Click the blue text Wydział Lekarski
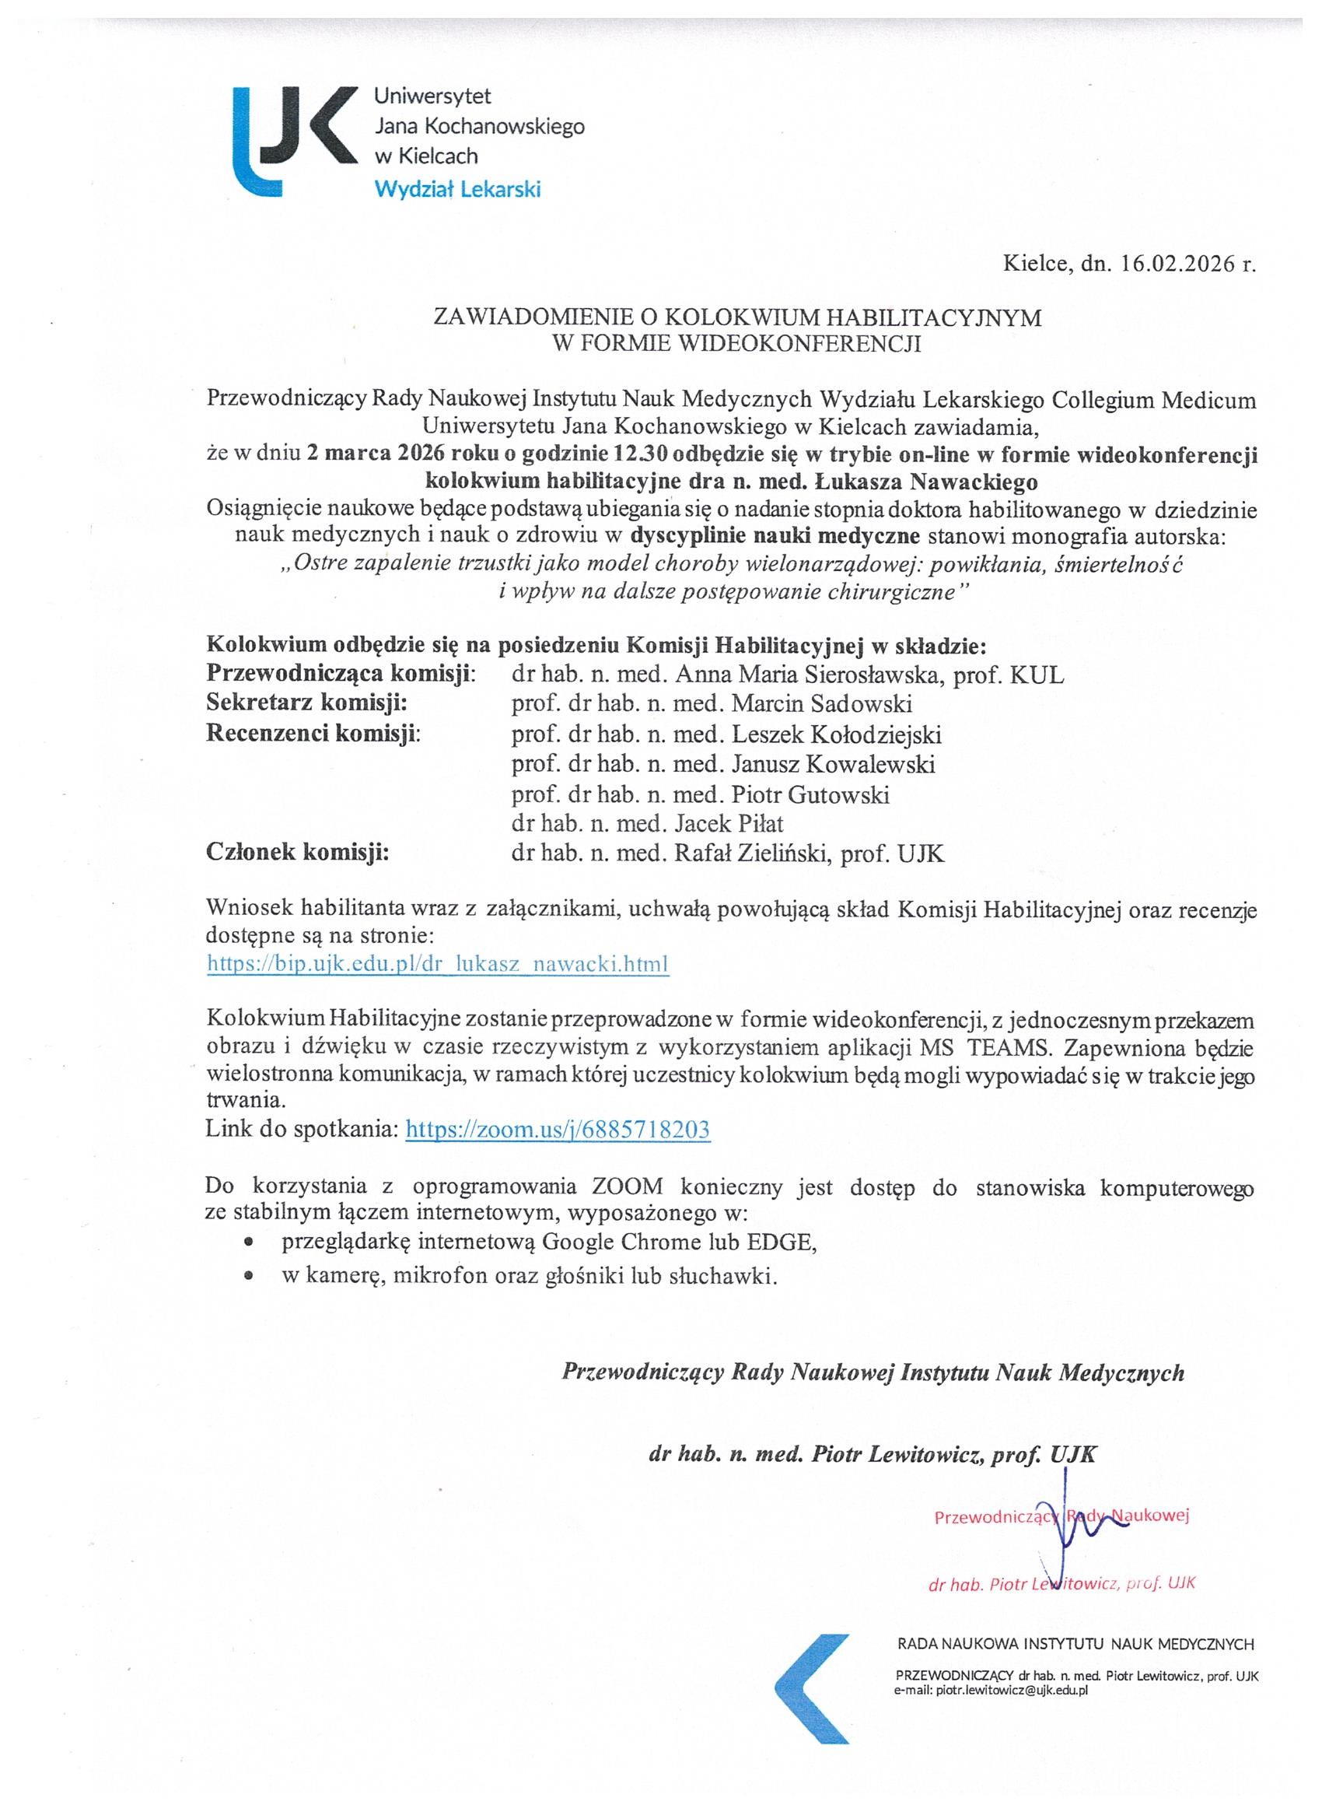(458, 190)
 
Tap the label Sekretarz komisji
(307, 704)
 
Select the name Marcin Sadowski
(822, 704)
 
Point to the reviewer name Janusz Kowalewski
(833, 764)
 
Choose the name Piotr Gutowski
(810, 795)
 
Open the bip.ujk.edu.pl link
(438, 963)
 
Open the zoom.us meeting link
(558, 1130)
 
